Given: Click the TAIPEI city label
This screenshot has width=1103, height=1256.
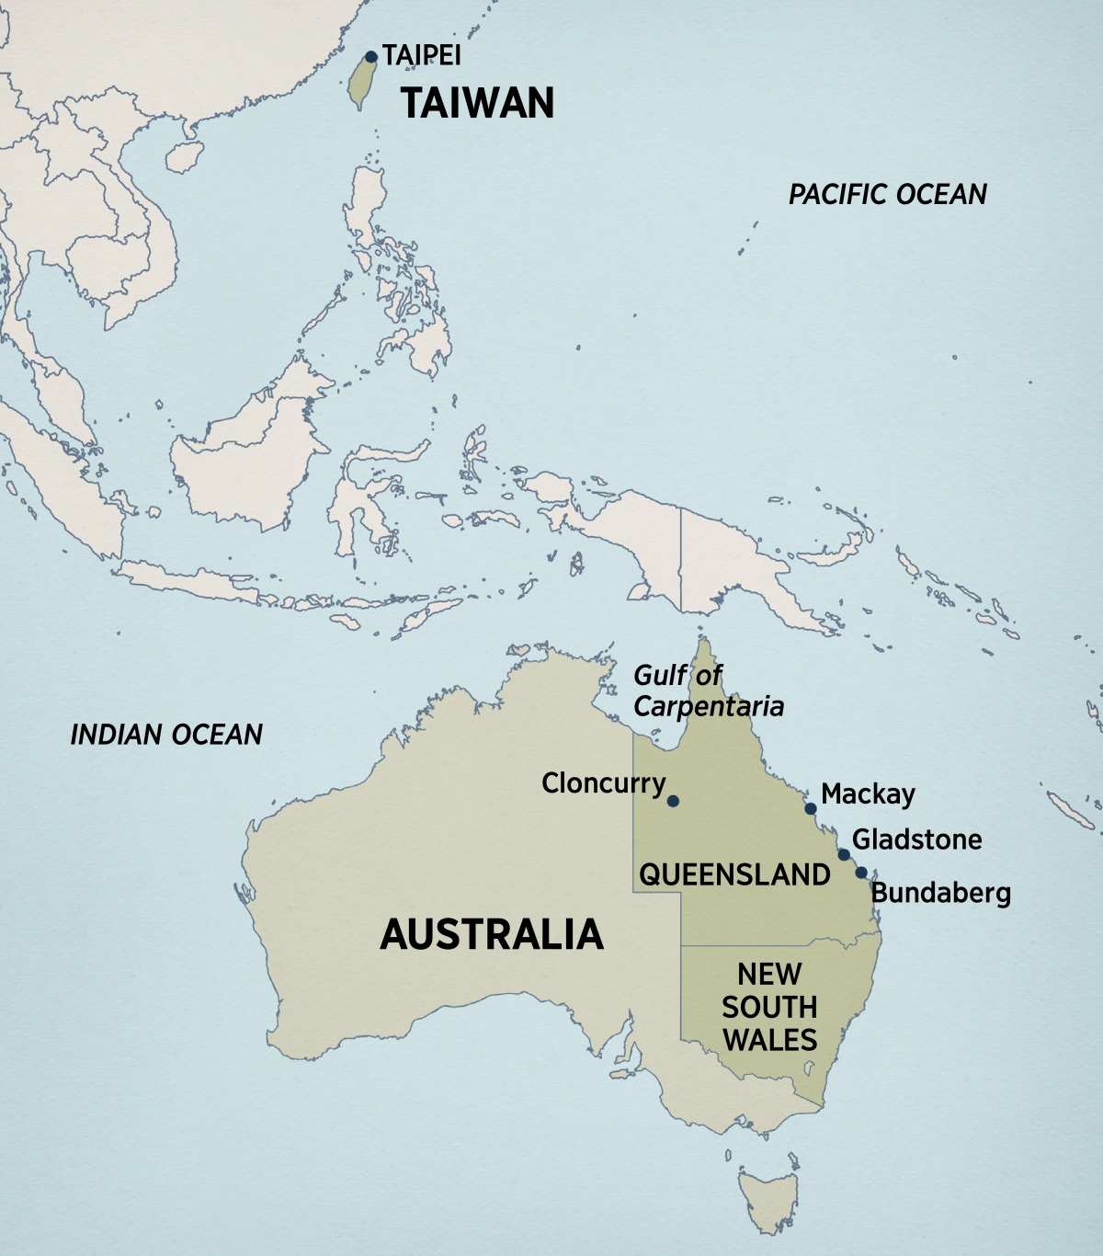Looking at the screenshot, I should coord(422,55).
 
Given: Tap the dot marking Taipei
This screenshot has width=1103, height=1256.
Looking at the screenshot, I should coord(371,57).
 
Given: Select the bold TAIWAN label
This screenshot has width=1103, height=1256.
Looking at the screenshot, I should coord(477,102).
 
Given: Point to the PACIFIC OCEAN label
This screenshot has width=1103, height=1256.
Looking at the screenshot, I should coord(887,194).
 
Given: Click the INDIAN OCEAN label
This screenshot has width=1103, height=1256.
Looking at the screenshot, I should coord(166,734).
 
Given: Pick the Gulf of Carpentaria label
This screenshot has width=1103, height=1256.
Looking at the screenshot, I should coord(708,691).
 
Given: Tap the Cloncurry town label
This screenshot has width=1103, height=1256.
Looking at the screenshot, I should coord(603,783).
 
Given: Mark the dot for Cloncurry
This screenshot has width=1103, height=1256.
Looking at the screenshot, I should coord(673,801).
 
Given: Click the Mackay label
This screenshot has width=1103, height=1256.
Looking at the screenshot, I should coord(868,794).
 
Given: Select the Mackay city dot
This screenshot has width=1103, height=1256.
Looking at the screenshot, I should coord(811,809).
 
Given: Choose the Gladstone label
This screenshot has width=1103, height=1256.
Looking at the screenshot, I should coord(916,839).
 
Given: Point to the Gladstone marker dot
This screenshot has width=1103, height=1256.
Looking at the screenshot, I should coord(844,855).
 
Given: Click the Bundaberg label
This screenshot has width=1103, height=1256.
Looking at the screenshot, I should coord(940,893).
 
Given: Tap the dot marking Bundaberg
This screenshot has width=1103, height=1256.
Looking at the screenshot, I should coord(861,873).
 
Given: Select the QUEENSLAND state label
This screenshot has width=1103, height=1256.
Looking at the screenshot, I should coord(734,874).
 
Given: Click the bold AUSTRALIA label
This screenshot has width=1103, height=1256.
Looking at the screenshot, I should coord(492,934).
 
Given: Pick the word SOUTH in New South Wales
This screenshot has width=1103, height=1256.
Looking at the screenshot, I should coord(769,1007).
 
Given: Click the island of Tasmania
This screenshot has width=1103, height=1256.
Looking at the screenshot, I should coord(768,1195).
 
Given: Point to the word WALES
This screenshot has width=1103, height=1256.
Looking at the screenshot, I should coord(769,1040).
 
